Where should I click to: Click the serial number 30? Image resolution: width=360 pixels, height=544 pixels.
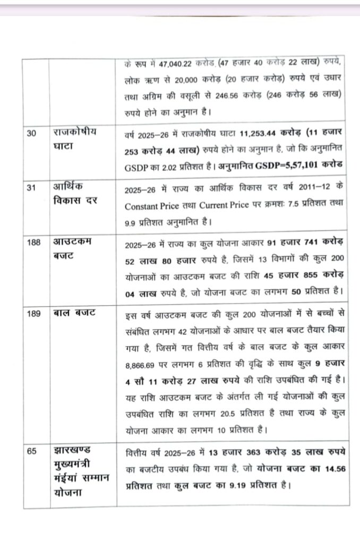point(32,133)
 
